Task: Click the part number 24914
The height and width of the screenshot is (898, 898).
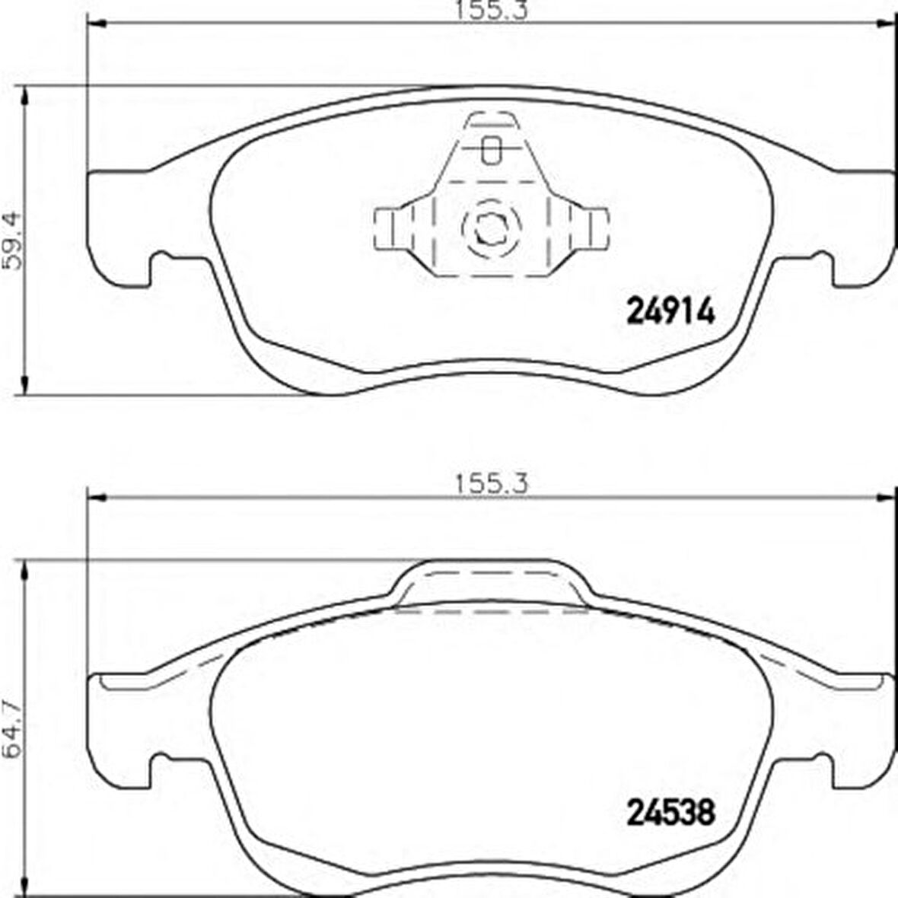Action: click(x=672, y=313)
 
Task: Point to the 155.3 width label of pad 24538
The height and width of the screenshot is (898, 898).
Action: click(x=491, y=485)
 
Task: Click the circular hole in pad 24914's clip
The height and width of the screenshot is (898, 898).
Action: click(x=491, y=228)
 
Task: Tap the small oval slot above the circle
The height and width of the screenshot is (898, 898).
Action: click(x=491, y=150)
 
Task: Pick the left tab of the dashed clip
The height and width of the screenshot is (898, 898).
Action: click(x=394, y=229)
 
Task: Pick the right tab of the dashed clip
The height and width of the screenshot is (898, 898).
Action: click(x=589, y=229)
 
